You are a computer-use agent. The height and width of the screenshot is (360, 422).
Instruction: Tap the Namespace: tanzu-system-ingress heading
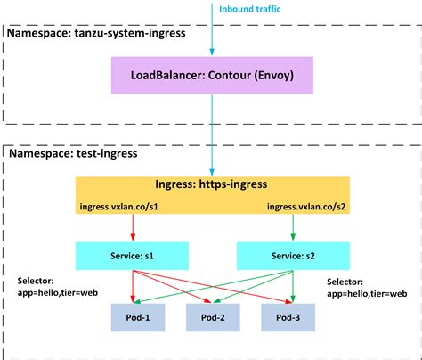point(94,33)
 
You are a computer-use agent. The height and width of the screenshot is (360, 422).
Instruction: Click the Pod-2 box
point(212,318)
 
